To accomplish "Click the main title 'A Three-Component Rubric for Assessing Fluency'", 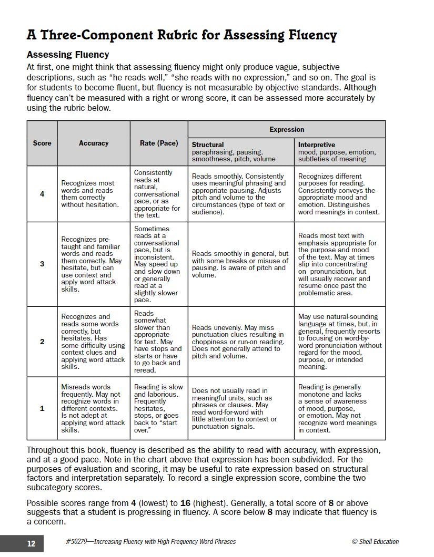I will point(181,35).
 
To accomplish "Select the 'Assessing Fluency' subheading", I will point(68,55).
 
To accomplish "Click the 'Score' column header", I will point(42,143).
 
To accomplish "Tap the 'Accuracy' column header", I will point(94,143).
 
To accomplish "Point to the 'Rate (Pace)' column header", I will point(159,143).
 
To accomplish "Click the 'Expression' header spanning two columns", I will point(287,129).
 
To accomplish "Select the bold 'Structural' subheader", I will point(208,145).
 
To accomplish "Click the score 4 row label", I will point(42,194).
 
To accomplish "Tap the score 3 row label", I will point(42,264).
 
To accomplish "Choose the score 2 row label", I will point(42,342).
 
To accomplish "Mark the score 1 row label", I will point(42,408).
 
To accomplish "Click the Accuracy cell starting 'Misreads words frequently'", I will point(93,408).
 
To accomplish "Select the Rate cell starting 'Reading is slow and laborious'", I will point(158,408).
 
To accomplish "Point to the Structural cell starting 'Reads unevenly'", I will point(240,342).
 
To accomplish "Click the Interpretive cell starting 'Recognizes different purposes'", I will point(339,194).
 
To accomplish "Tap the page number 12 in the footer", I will point(31,543).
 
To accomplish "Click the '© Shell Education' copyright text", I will point(375,542).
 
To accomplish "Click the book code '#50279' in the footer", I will point(77,542).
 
